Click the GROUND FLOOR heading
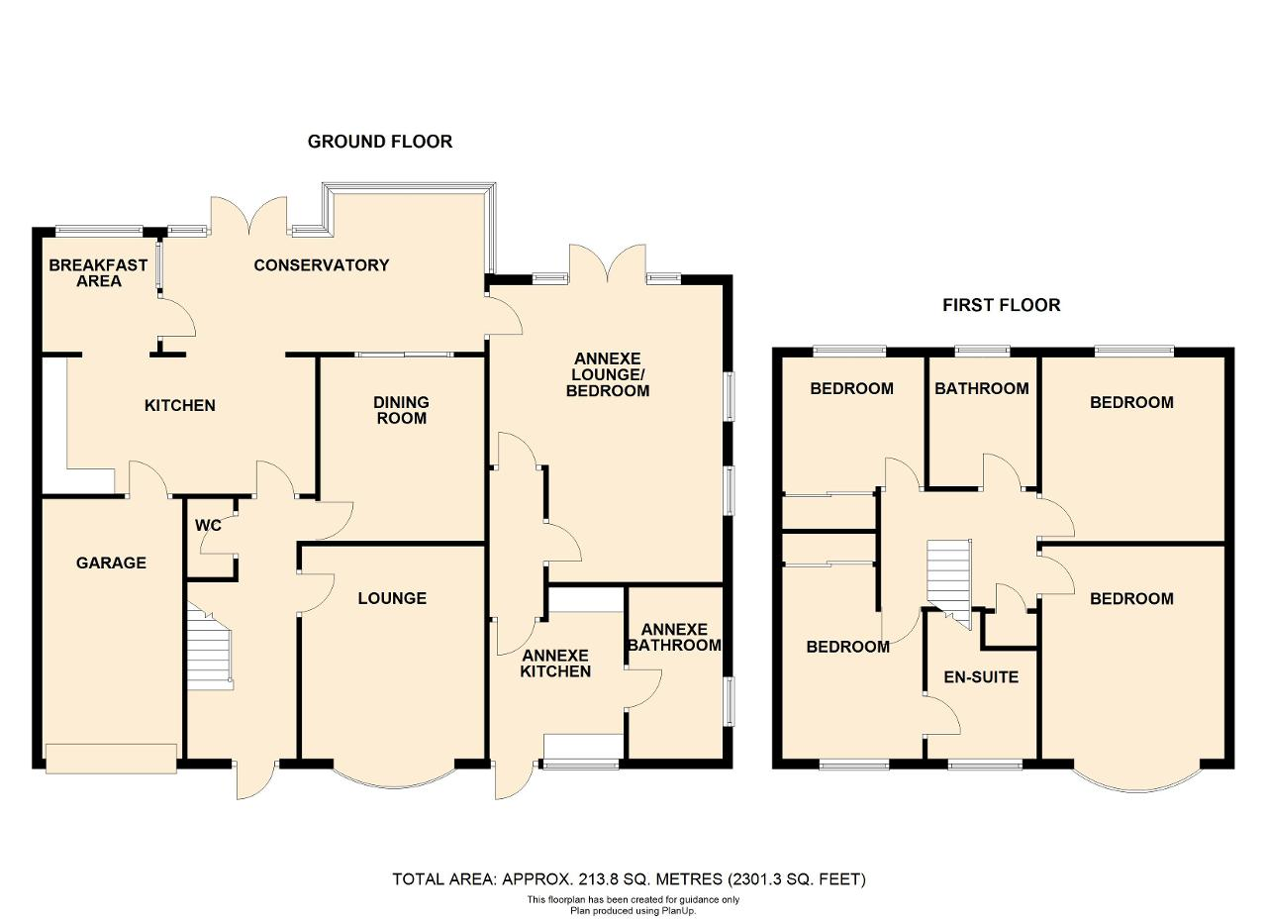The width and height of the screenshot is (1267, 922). tap(379, 142)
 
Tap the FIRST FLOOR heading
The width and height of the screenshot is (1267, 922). tap(1001, 305)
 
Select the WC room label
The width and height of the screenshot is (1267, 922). tap(208, 525)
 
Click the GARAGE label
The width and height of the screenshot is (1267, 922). tap(111, 563)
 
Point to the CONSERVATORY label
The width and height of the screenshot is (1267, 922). tap(322, 264)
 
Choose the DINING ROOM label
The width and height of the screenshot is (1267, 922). tap(401, 410)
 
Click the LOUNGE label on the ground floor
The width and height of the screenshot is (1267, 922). tap(392, 598)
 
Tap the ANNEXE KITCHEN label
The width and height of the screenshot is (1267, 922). tap(555, 664)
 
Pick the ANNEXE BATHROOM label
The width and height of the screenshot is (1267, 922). tap(675, 638)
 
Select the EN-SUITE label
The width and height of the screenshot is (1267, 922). tap(981, 677)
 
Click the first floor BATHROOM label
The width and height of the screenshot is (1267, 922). tap(981, 388)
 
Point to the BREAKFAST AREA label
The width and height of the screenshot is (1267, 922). tap(98, 272)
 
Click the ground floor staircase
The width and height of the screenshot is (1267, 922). tap(209, 647)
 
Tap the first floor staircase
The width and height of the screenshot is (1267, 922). tap(948, 584)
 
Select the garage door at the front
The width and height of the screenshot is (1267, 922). tap(111, 759)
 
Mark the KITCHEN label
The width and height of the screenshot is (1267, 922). tap(180, 405)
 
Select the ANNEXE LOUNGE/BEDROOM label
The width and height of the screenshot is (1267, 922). tap(608, 374)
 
